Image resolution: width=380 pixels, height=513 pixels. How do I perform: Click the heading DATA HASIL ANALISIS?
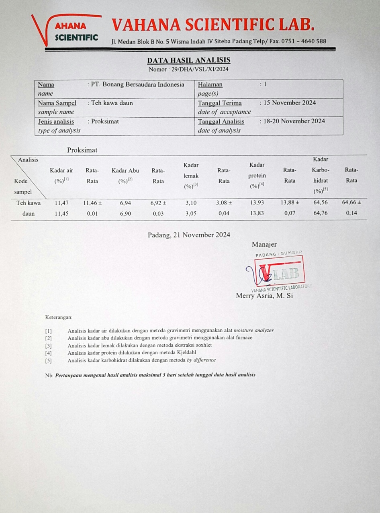188,60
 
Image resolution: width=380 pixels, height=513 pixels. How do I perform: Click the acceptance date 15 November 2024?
290,102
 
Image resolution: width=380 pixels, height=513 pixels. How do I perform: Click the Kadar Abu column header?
125,171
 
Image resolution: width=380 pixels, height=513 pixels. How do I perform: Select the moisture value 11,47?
61,203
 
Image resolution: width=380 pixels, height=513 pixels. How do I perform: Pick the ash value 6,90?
125,213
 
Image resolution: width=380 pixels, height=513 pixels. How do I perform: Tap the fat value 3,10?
191,203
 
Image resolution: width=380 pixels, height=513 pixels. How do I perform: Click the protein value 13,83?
257,213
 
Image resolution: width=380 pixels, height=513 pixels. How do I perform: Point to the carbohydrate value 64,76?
320,213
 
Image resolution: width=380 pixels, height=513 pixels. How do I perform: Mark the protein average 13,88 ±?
290,203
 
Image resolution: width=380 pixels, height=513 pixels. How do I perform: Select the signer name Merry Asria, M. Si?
264,296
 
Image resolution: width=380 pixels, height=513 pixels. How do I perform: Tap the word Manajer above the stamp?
264,244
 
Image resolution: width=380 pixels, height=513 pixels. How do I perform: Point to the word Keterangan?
59,317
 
